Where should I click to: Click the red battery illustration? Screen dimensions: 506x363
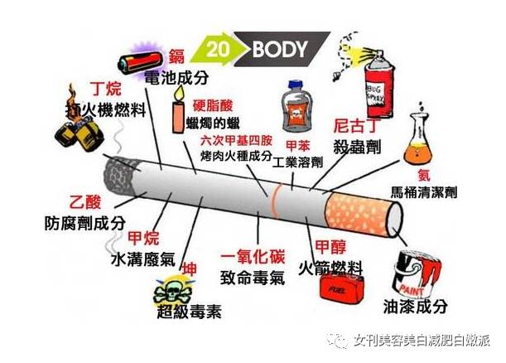(141, 63)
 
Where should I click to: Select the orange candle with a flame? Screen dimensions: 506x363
(178, 117)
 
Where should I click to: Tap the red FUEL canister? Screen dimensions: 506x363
(341, 290)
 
